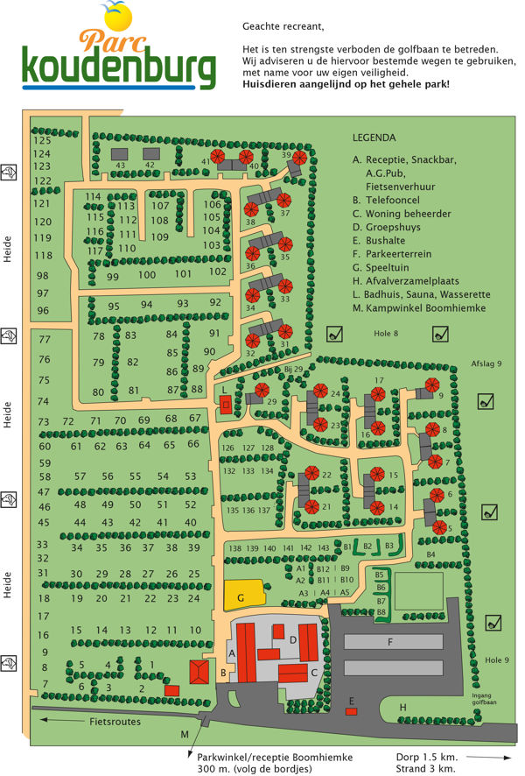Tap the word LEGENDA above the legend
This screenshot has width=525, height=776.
374,138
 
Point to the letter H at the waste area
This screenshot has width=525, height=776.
402,707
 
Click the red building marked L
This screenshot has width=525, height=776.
226,404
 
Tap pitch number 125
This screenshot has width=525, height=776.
42,140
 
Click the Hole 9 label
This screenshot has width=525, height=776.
494,658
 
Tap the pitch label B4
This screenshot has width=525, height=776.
430,554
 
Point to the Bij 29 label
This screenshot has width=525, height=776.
293,370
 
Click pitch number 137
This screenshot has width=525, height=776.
263,510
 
